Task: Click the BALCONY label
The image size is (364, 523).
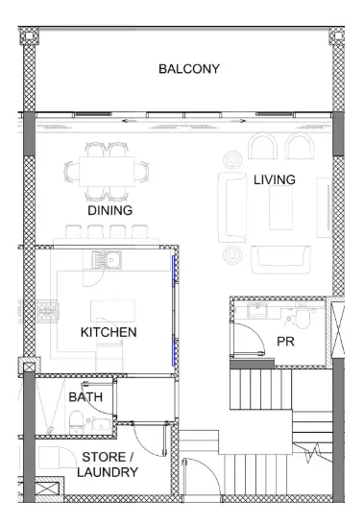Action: point(189,69)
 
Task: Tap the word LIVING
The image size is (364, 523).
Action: point(275,179)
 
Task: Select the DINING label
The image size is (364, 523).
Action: point(110,210)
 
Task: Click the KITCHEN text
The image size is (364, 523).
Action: point(109,332)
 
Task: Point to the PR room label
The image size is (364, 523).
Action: point(285,342)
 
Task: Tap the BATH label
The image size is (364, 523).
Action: point(85,397)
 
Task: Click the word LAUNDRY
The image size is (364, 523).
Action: point(108,472)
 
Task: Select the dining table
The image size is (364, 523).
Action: point(107,172)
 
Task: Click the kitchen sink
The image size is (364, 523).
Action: point(107,259)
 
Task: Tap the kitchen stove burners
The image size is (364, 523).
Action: point(48,311)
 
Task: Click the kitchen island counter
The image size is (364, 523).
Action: point(113,311)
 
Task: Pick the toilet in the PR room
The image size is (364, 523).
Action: point(303,319)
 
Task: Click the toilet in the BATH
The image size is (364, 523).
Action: point(76,421)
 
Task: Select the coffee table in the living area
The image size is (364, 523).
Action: point(280,207)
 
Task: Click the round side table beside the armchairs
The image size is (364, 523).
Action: point(232,159)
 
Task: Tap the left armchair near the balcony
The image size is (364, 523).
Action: point(263,146)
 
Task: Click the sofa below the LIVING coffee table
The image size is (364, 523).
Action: point(280,259)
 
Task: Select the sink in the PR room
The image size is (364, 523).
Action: point(256,310)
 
